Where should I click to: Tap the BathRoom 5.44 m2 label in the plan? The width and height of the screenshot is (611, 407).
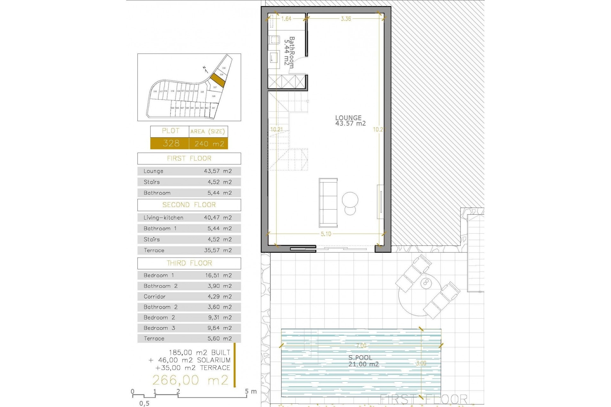[289, 52]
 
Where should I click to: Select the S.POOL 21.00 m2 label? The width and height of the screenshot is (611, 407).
[363, 361]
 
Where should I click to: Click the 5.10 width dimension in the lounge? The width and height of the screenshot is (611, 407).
[326, 234]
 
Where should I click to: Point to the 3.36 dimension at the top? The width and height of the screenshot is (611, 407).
[346, 19]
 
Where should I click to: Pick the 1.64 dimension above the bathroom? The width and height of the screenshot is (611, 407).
[286, 19]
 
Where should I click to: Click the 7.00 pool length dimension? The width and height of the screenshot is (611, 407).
[361, 346]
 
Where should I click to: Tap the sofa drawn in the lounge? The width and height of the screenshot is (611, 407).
[328, 202]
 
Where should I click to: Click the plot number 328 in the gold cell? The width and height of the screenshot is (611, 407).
[171, 143]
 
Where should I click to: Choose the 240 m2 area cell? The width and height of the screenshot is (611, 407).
[209, 144]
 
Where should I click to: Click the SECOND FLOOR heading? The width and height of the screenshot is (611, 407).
[189, 205]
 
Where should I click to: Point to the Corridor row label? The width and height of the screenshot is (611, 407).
[155, 297]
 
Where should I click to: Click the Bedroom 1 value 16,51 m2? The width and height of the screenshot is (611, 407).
[218, 275]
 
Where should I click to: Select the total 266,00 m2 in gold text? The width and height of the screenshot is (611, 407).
[190, 380]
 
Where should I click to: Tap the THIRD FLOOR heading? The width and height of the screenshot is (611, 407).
[189, 263]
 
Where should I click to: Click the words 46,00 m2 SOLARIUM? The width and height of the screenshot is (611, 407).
[194, 360]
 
